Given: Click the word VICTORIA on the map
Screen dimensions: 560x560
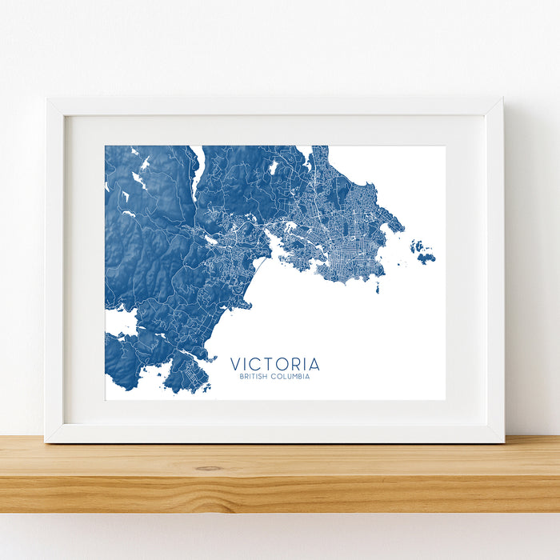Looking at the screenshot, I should (274, 364).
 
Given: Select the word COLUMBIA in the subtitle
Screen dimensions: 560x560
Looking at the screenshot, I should (293, 376).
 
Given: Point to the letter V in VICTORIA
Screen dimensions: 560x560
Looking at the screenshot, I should (235, 364).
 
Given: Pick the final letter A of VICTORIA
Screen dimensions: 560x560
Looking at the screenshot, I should (314, 364).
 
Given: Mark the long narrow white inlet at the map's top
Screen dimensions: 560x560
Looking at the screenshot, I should (196, 172).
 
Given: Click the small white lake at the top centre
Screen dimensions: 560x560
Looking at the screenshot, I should (273, 167).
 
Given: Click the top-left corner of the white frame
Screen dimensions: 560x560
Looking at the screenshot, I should (47, 100).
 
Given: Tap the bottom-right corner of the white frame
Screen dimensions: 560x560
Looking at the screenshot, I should (503, 441).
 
